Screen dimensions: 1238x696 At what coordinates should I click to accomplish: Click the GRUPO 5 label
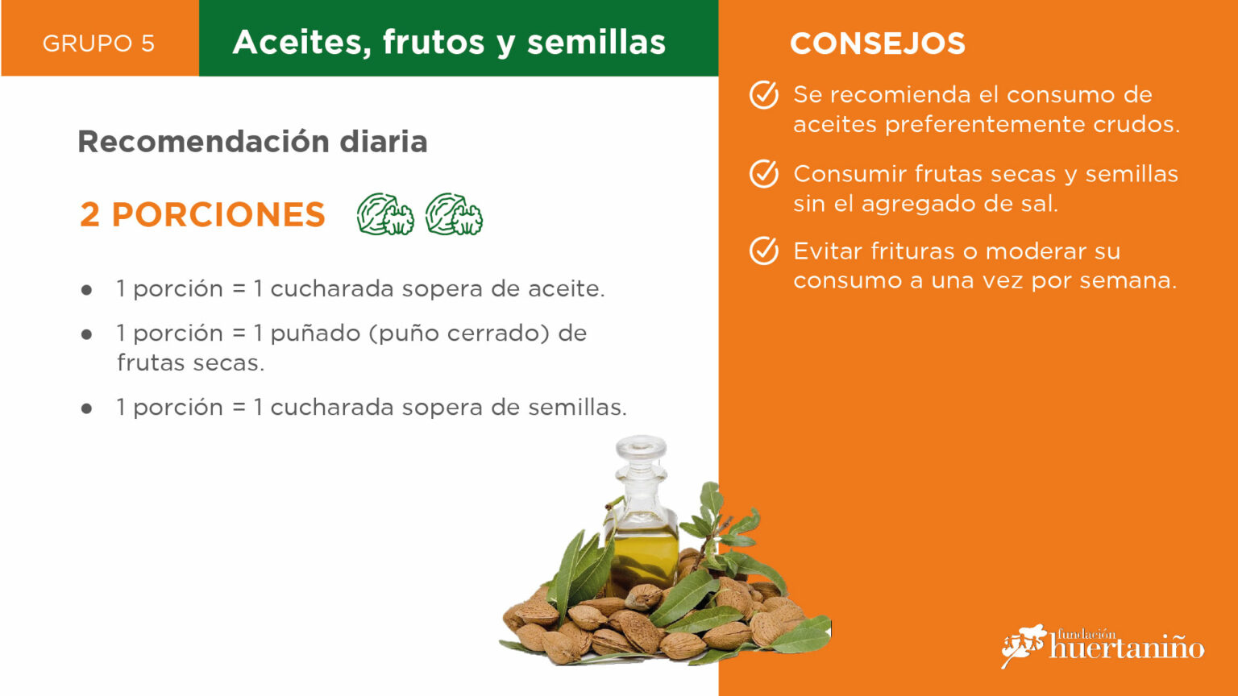pos(98,43)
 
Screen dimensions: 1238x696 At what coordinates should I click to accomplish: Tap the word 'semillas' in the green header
pos(596,42)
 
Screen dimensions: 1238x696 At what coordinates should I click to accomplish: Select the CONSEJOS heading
pos(878,43)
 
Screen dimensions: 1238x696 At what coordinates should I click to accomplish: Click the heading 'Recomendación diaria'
pos(252,142)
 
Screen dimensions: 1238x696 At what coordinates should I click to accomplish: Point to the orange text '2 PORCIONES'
pos(202,214)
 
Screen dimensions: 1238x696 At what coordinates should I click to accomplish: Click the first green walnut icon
pos(385,214)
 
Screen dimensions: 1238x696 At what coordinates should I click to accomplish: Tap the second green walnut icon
pos(454,214)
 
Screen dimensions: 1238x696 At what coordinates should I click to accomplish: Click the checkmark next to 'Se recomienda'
pos(764,95)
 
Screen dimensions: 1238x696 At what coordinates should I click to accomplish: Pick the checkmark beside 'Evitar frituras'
pos(764,251)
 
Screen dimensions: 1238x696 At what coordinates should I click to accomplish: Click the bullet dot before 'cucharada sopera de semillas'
pos(86,408)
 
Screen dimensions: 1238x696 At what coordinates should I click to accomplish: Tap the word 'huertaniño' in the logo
pos(1126,648)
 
